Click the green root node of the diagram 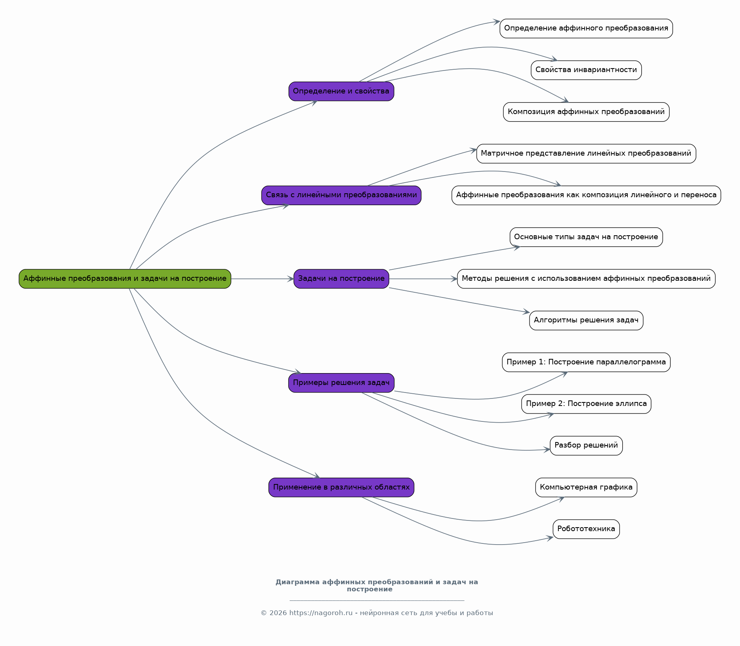click(x=125, y=279)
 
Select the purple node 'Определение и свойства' click(x=341, y=91)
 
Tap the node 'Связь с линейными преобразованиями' click(x=341, y=195)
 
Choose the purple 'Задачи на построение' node click(x=341, y=279)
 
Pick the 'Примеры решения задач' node click(x=341, y=383)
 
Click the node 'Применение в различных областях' click(x=341, y=487)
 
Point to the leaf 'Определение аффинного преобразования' click(x=586, y=29)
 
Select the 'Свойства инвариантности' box click(x=586, y=70)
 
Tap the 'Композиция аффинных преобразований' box click(x=586, y=112)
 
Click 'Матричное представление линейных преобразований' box click(x=586, y=154)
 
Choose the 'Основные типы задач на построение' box click(x=586, y=237)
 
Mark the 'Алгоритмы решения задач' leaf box click(x=586, y=320)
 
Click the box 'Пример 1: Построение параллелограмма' click(x=586, y=362)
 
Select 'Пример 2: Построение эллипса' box click(x=586, y=404)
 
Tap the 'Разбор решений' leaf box click(x=586, y=446)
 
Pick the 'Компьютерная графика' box click(x=586, y=487)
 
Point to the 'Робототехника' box click(x=586, y=529)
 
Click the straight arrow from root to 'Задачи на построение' click(x=262, y=279)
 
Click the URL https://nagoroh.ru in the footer click(x=321, y=613)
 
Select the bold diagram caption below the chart click(x=377, y=585)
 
